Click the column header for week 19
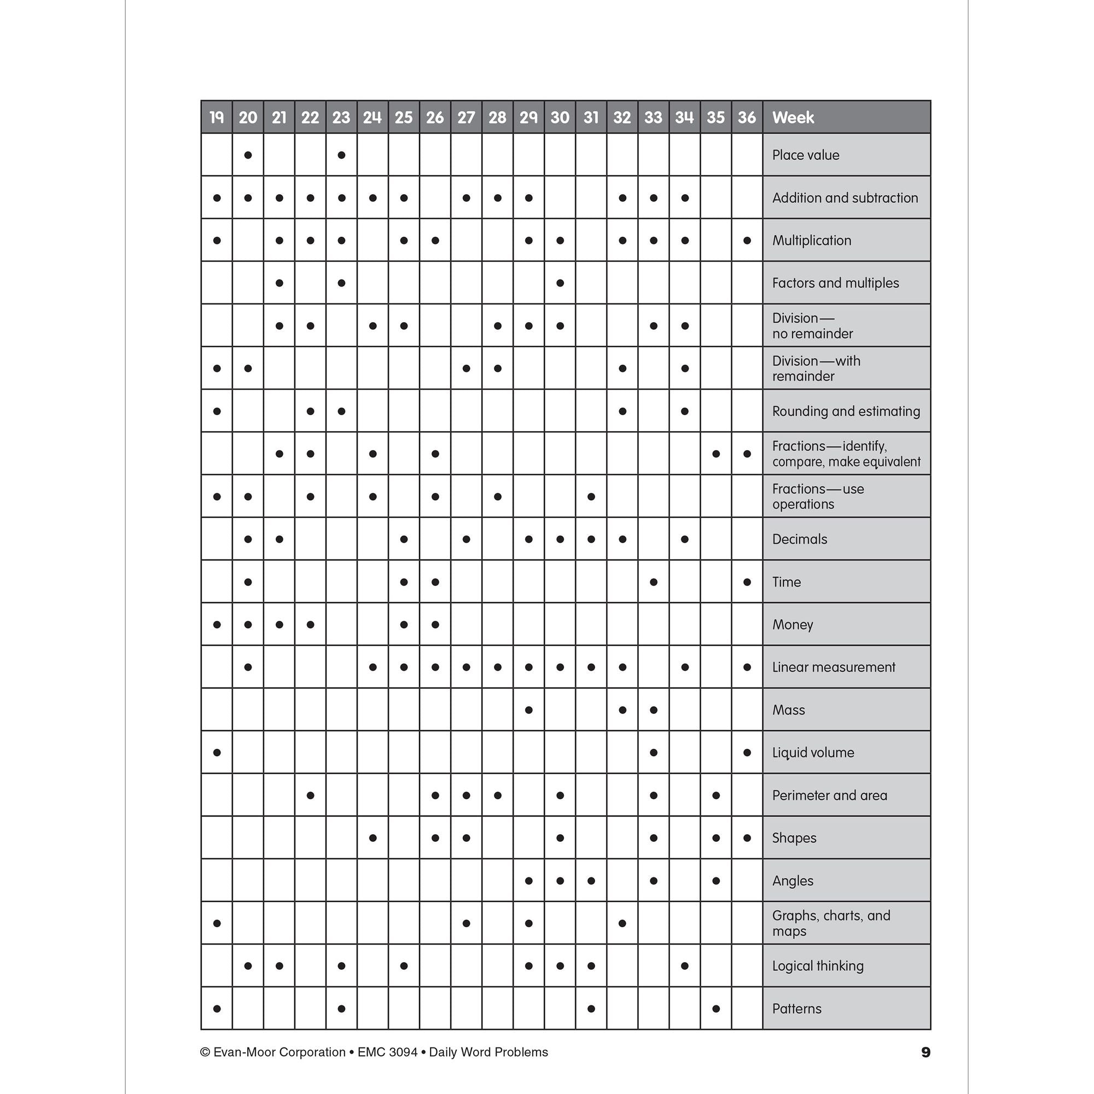[x=216, y=117]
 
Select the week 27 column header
[x=466, y=117]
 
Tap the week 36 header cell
[x=746, y=117]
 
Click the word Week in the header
[x=793, y=117]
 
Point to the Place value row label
[x=805, y=155]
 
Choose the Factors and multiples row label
[x=835, y=283]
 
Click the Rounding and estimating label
[x=846, y=411]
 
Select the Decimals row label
[x=800, y=539]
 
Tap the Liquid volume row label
[x=813, y=753]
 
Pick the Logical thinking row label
[x=818, y=966]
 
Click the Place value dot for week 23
[x=341, y=155]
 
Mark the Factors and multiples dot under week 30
[x=560, y=283]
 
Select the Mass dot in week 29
[x=529, y=710]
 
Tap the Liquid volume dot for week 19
[x=217, y=753]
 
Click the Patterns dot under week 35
[x=715, y=1009]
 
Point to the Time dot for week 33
[x=654, y=582]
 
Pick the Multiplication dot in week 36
[x=747, y=241]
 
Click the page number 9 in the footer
[x=926, y=1052]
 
